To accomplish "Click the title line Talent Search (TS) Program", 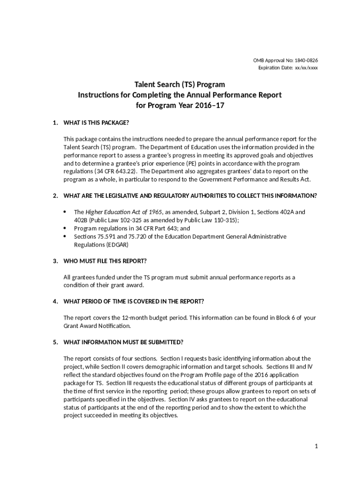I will [x=180, y=85].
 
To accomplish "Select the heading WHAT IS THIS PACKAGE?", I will [x=96, y=123].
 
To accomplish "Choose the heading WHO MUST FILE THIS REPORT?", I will [x=103, y=261].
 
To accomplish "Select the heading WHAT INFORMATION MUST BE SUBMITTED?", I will [x=123, y=342].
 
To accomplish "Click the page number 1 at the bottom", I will [x=316, y=446].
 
